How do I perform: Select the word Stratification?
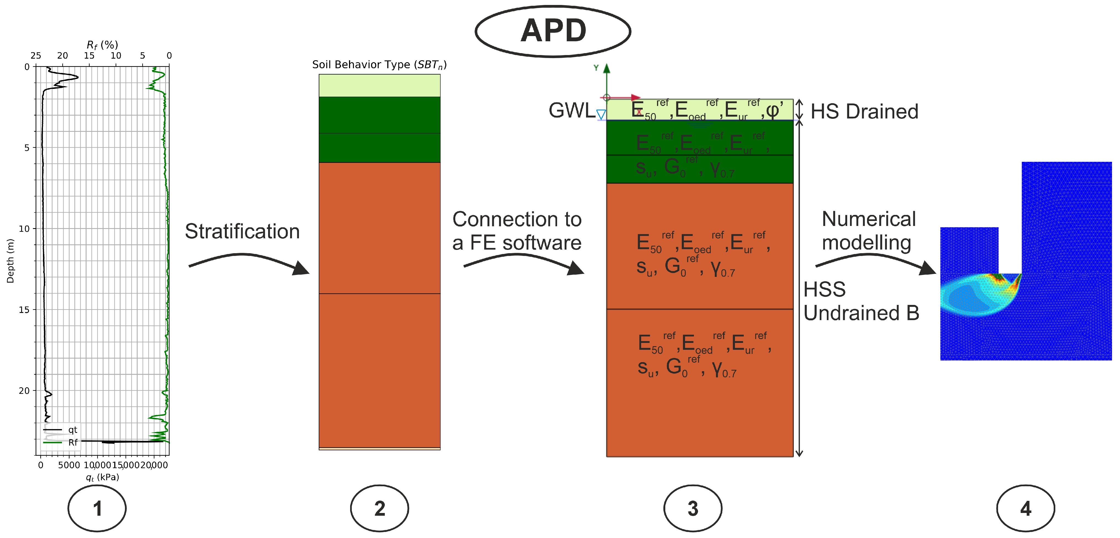(242, 231)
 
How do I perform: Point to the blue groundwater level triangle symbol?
(601, 115)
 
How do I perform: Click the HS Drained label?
(864, 112)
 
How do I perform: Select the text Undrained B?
(861, 313)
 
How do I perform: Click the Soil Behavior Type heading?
(379, 65)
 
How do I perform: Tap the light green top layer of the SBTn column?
(379, 85)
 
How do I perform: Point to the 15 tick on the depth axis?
(24, 309)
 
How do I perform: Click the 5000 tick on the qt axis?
(69, 465)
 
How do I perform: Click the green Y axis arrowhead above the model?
(607, 68)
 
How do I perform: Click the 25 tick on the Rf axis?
(36, 56)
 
